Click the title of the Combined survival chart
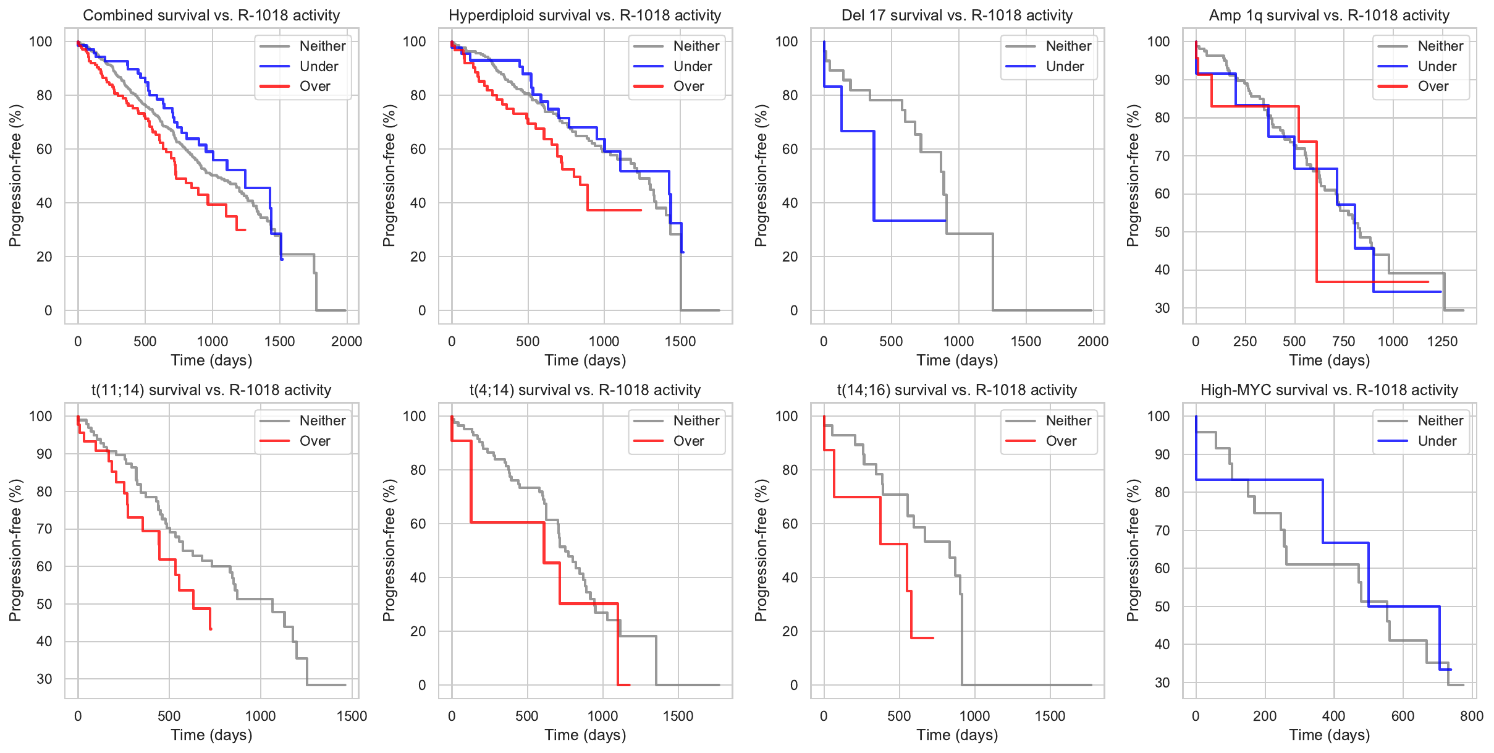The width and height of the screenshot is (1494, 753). pos(211,15)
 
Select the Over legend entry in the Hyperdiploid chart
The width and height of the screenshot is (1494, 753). pos(688,87)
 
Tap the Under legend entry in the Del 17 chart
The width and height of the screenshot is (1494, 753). pos(1065,67)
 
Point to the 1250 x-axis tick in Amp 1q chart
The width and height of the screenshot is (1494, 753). pos(1442,341)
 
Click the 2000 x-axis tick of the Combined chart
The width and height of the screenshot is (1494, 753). pos(347,341)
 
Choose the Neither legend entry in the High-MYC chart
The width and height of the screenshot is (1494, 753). pos(1440,421)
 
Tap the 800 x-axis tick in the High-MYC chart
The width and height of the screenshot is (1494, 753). pos(1472,716)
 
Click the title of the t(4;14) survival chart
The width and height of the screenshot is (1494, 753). pos(585,390)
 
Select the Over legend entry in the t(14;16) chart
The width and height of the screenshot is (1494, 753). pos(1061,441)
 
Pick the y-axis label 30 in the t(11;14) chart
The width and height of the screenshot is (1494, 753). pos(44,679)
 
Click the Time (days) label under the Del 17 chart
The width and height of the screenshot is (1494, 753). pos(957,360)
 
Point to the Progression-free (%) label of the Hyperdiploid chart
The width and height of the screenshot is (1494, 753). pos(389,176)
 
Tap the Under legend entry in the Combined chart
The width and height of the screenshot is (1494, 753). pos(319,67)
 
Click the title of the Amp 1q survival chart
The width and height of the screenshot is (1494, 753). pos(1329,15)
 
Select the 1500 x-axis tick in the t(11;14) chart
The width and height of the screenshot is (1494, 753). pos(352,716)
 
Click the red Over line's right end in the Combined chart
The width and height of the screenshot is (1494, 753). pos(245,230)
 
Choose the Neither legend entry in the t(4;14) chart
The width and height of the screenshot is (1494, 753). pos(696,421)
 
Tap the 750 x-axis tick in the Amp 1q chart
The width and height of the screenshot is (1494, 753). pos(1343,341)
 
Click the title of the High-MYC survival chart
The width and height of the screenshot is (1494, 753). pos(1329,390)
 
